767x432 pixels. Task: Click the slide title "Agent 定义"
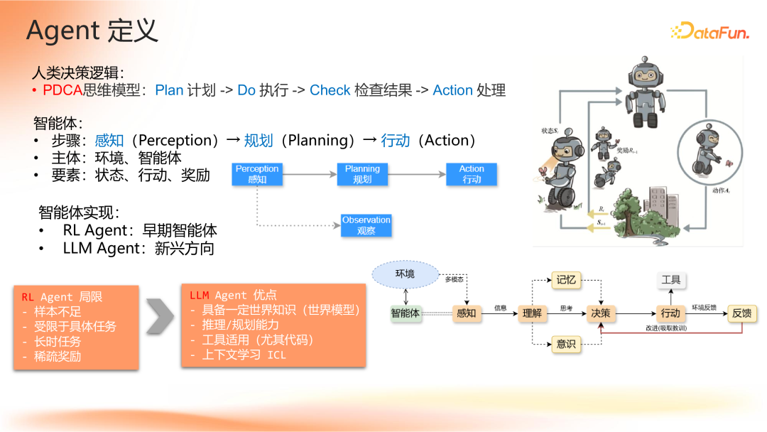92,31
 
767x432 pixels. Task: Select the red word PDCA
62,90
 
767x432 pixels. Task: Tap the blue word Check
330,90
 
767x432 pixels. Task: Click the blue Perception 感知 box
257,174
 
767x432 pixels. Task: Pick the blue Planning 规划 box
362,174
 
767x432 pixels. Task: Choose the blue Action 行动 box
472,174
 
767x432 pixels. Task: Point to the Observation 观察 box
366,225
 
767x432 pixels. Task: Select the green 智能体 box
405,313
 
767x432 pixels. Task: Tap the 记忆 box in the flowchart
566,280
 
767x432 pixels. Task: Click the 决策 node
600,313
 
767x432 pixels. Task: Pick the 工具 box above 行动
670,280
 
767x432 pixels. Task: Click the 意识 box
566,344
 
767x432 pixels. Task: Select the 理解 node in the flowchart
532,313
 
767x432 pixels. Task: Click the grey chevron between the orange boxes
161,315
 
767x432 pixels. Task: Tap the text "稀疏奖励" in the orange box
58,356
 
